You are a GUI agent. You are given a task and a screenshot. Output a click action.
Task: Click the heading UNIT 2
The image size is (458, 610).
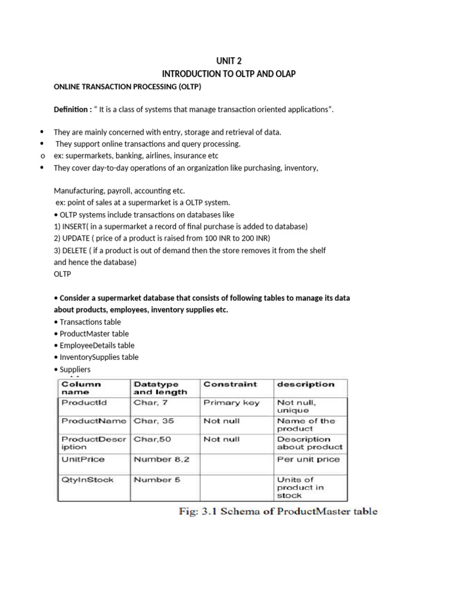229,61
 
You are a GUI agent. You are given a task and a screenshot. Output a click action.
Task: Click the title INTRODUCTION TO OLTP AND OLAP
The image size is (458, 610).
229,73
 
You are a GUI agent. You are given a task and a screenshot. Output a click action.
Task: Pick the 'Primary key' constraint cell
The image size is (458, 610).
231,403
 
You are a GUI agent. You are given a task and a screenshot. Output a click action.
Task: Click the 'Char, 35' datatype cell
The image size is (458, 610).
154,421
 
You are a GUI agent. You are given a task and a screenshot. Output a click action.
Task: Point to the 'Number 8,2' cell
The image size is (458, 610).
161,459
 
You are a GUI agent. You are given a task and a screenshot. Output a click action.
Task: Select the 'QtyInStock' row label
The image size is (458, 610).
87,480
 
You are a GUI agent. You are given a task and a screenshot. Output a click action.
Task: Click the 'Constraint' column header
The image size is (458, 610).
230,385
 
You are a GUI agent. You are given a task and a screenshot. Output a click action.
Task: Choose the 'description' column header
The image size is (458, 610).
305,385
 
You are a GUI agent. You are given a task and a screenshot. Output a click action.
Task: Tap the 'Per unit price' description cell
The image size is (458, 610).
308,459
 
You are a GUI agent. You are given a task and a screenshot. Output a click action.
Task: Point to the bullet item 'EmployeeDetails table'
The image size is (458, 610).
97,346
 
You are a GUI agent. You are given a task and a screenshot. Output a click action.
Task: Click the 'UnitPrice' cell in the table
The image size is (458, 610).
83,459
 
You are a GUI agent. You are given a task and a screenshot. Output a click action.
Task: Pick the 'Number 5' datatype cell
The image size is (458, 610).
157,480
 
